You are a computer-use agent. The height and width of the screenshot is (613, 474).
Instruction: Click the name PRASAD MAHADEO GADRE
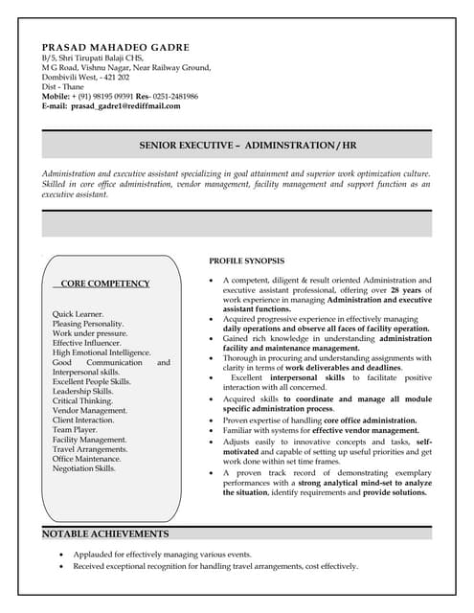115,47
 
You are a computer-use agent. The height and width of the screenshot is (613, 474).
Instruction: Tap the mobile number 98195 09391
120,97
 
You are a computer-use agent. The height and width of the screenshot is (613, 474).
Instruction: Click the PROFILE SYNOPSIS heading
246,261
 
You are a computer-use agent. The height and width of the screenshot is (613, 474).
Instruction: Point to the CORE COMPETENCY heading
105,284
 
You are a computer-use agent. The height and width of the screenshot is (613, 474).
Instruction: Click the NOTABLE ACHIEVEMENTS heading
105,534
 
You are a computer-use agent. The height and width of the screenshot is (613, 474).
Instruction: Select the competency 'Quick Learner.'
79,314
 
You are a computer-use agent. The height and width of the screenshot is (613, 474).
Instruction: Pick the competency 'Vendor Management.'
90,411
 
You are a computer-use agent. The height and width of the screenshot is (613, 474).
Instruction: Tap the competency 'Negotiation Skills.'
84,468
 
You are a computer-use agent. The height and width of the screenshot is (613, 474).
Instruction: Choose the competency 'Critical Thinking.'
82,401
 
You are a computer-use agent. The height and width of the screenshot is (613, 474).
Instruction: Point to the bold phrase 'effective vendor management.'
356,431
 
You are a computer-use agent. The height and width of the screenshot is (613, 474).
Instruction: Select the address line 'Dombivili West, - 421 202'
85,78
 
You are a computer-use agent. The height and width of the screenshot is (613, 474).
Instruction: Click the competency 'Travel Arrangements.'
90,449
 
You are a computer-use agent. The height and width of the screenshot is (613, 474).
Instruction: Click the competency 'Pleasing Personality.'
88,324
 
